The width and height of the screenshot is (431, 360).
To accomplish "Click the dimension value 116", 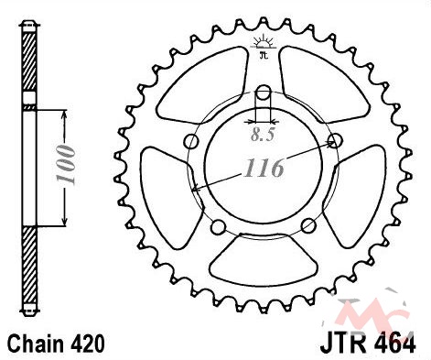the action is [264, 168].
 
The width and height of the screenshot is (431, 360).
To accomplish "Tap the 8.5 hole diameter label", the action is [263, 135].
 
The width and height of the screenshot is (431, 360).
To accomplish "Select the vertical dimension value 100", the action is [66, 165].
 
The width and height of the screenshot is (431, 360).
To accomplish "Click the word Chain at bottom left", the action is [36, 344].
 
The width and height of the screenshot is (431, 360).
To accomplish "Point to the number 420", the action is [88, 344].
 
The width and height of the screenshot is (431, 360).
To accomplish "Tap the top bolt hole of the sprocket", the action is [264, 93].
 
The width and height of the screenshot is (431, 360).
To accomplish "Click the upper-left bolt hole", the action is [192, 141].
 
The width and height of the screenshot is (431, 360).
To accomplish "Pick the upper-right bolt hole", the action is [335, 141].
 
